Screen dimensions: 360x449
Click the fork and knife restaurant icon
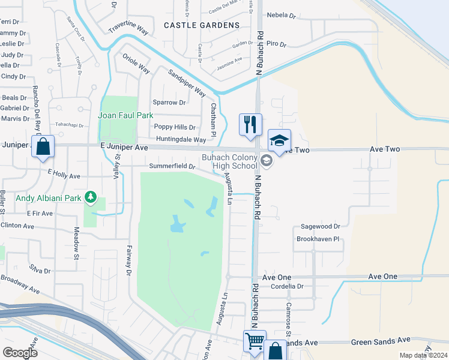(x=250, y=124)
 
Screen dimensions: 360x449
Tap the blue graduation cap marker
(x=279, y=140)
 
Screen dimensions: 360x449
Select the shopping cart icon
(x=255, y=341)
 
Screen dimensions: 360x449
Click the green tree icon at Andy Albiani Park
(x=91, y=196)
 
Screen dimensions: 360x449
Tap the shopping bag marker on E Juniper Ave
(x=43, y=146)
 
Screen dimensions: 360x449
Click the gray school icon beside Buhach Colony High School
(x=267, y=160)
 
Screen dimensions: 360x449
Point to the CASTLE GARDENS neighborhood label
(x=201, y=25)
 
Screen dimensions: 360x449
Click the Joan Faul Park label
(x=126, y=115)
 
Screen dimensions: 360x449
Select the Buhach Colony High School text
(x=229, y=161)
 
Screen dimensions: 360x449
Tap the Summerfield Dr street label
(x=172, y=166)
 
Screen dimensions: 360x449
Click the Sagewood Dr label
(x=318, y=227)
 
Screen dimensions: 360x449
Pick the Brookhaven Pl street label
(x=318, y=239)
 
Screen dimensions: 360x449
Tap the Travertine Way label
(x=128, y=29)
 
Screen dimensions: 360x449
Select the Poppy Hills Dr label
(x=175, y=127)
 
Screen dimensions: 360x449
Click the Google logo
(x=20, y=353)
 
